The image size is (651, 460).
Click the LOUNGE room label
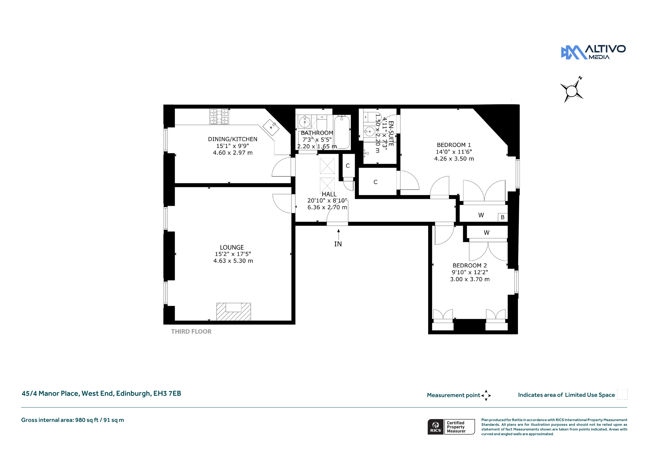(232, 248)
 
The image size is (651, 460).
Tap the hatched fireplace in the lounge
(233, 312)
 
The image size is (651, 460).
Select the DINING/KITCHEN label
(232, 139)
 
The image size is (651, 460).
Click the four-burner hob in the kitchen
(219, 117)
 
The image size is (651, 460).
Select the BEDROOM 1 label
(454, 145)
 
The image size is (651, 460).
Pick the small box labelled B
(502, 217)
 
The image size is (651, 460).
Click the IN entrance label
(338, 244)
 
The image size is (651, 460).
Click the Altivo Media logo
(593, 52)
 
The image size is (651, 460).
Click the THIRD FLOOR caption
(191, 332)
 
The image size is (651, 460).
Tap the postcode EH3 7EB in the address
(167, 393)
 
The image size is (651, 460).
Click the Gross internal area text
(72, 420)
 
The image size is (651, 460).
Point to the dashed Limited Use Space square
(622, 394)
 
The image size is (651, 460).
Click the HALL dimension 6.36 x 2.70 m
(327, 207)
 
